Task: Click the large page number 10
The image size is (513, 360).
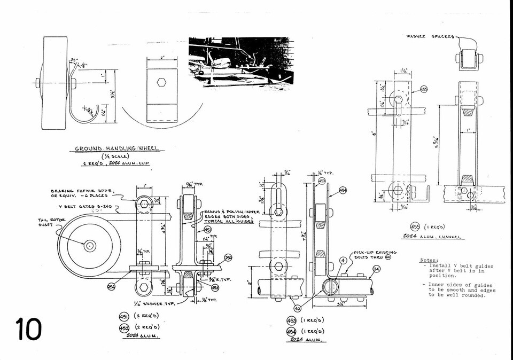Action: pos(28,329)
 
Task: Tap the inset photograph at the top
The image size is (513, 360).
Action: pos(240,61)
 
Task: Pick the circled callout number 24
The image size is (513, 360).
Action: pos(376,269)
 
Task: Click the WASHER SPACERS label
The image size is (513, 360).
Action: pos(430,36)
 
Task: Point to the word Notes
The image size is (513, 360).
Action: pos(429,260)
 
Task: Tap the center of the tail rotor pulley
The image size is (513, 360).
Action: pos(90,246)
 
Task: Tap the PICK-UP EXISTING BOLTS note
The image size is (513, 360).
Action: pos(375,254)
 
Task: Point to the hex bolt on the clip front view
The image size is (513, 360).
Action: pos(162,83)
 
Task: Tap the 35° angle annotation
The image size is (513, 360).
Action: pos(74,60)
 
